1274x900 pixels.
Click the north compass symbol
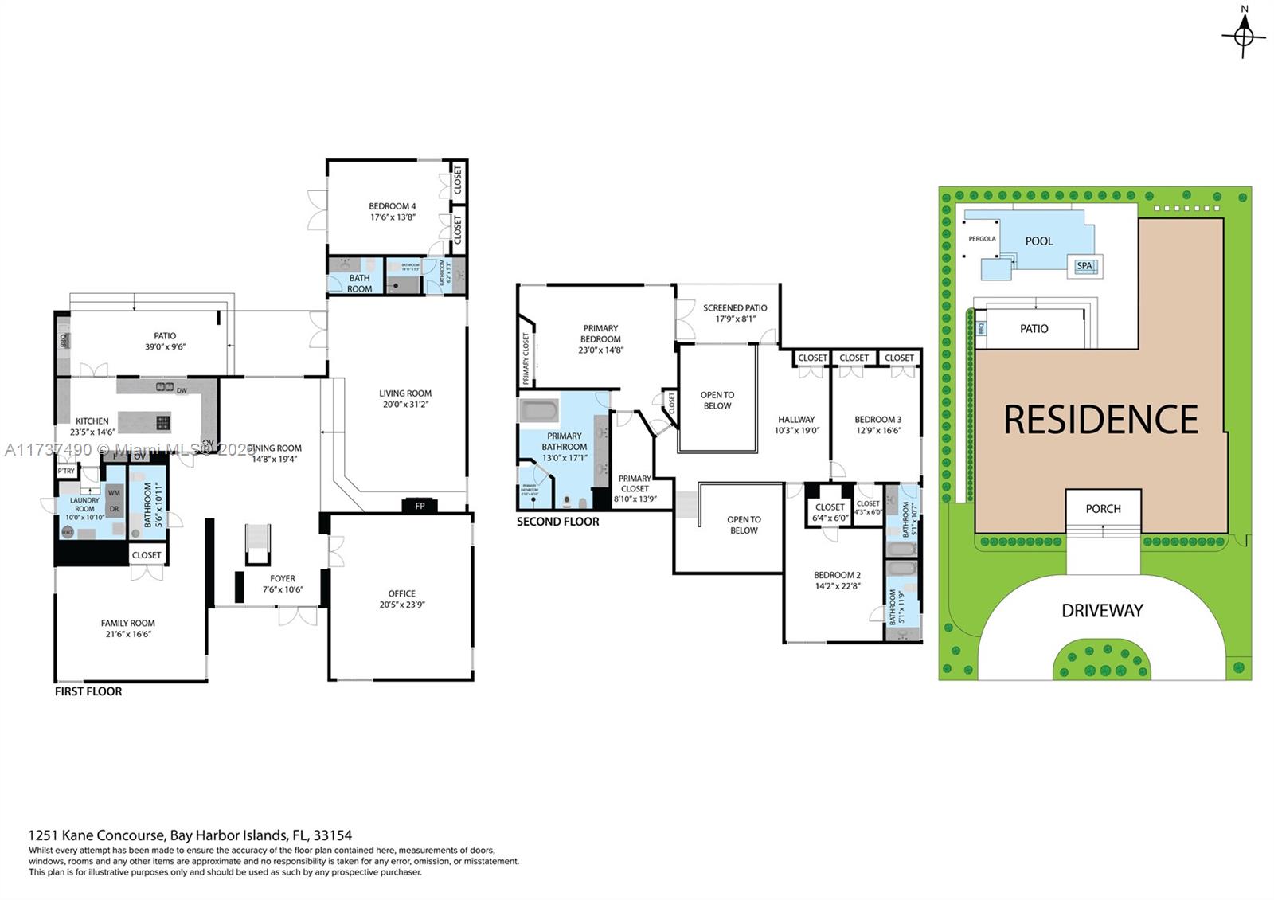[x=1244, y=34]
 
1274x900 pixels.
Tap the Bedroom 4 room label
[x=392, y=211]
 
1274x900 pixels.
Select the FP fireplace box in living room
[x=420, y=506]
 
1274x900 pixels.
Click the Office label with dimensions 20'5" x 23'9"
[x=401, y=598]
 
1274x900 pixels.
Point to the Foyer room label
[x=282, y=584]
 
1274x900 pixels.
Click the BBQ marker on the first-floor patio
[x=63, y=341]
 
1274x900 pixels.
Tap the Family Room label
[x=127, y=628]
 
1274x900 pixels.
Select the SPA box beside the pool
[x=1084, y=266]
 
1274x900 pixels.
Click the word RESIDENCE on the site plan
[x=1100, y=420]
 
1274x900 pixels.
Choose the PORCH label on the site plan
[x=1103, y=508]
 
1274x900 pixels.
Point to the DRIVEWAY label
[x=1102, y=611]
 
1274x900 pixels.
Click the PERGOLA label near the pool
[x=982, y=239]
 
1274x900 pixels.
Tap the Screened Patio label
[x=735, y=313]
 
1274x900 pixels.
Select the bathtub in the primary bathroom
[x=539, y=411]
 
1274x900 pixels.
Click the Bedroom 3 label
[x=877, y=425]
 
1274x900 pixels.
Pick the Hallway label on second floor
[x=796, y=425]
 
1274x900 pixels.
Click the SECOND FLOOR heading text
[x=557, y=522]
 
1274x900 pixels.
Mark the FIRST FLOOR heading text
[x=88, y=691]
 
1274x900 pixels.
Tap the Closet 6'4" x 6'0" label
[x=830, y=512]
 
